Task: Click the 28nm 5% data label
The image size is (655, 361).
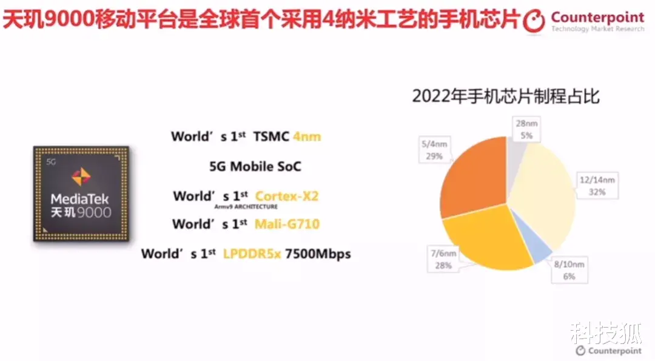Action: coord(525,129)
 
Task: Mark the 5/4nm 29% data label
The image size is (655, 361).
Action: coord(434,150)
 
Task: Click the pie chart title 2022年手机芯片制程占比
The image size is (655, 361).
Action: coord(506,96)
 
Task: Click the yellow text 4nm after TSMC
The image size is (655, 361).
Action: coord(307,137)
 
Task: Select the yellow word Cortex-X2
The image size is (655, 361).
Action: coord(287,196)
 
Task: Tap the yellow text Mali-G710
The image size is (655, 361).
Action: coord(287,224)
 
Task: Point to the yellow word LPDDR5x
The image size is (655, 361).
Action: coord(251,254)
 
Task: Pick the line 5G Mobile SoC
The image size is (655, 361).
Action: coord(255,166)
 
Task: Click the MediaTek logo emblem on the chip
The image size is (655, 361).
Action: coord(81,177)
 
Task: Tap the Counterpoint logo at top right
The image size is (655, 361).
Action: coord(583,21)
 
